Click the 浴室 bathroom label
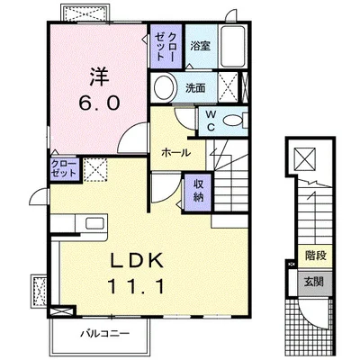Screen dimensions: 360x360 (x=201, y=46)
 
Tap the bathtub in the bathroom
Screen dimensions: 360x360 (x=232, y=47)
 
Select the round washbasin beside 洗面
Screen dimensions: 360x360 (x=164, y=88)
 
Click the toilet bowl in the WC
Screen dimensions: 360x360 (x=233, y=121)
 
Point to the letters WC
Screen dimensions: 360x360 (x=211, y=121)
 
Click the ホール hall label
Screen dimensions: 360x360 (x=175, y=153)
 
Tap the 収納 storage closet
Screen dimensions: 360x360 (x=198, y=192)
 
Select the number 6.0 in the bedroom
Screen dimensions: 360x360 (x=99, y=103)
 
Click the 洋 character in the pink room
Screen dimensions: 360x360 (x=99, y=76)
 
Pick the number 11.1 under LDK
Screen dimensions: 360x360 (x=136, y=286)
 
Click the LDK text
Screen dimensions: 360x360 (x=137, y=260)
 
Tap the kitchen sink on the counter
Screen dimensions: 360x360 (x=95, y=223)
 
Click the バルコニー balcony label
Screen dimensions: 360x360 (x=104, y=333)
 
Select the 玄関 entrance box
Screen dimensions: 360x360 (x=315, y=283)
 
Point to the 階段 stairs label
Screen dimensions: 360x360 (x=316, y=256)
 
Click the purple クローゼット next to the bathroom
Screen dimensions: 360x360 (x=166, y=47)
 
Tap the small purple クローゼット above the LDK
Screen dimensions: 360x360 (x=64, y=169)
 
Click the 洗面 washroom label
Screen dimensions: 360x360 (x=195, y=88)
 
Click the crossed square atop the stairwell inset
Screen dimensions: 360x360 (x=304, y=158)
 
